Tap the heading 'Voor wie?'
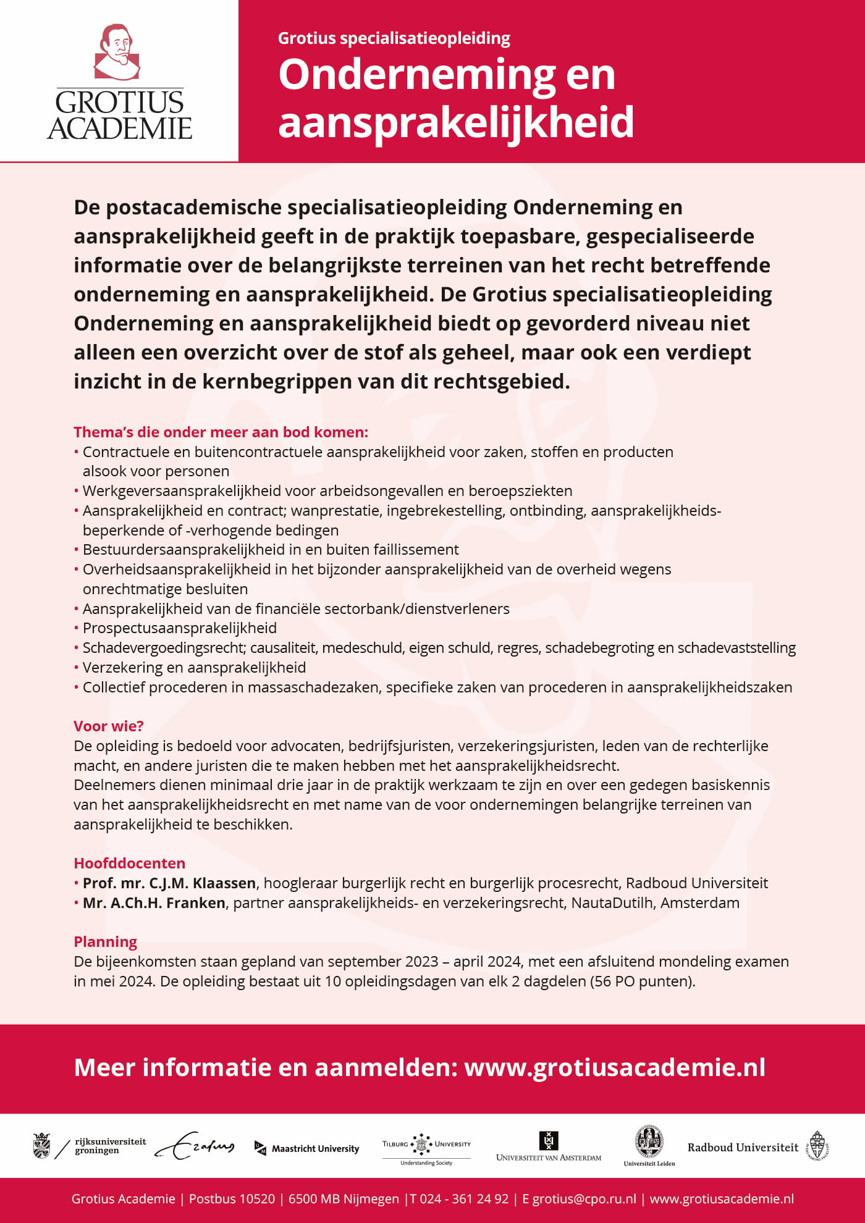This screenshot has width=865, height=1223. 108,726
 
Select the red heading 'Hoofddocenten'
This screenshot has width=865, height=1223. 129,863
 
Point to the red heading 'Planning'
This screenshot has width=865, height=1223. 105,941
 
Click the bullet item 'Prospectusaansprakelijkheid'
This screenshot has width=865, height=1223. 179,628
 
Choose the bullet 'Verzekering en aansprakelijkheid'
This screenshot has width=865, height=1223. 194,667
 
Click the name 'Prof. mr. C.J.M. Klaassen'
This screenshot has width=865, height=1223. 169,883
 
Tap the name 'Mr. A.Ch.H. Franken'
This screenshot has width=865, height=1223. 154,902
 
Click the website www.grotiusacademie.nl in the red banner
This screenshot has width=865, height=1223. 615,1067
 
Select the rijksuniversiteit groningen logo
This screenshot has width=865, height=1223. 90,1146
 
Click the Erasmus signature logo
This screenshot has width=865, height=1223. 195,1146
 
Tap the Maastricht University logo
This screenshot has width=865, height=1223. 307,1148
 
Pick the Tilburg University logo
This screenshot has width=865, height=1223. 426,1148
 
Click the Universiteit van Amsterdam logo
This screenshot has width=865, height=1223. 548,1147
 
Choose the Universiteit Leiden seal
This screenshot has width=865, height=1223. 649,1145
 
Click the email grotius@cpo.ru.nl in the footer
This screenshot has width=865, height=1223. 584,1199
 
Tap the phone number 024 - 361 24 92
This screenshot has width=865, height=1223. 464,1199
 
